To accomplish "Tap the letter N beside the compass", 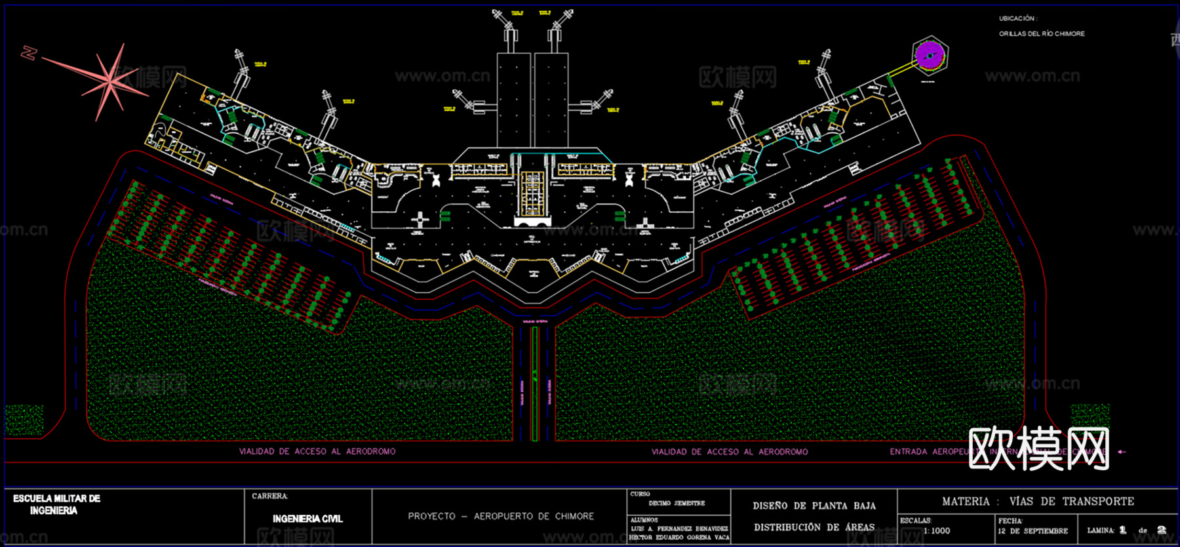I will pos(28,52).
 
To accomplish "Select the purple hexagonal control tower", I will pos(930,55).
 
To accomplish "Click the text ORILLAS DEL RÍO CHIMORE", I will pos(1042,33).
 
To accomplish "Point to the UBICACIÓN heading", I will pos(1017,18).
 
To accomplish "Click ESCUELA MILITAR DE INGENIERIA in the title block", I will pos(56,504).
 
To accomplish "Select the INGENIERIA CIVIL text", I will pos(307,519).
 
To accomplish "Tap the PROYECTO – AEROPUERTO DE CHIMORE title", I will pos(501,516).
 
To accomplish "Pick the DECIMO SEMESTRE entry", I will pos(677,503).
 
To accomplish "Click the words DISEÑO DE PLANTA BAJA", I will pos(814,506).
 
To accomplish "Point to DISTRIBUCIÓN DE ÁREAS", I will pos(814,527).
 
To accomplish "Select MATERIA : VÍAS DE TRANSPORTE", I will pos(1038,501).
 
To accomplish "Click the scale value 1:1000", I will pos(936,531).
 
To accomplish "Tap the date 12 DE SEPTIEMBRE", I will pos(1032,531).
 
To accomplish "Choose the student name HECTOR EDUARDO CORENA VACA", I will pos(678,537).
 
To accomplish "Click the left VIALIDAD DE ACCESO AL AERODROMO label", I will pos(317,451).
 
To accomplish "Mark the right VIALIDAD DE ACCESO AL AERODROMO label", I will pos(729,451).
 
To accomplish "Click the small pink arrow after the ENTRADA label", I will pos(1122,451).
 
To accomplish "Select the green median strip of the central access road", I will pos(535,384).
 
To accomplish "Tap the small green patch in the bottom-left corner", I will pos(24,419).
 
